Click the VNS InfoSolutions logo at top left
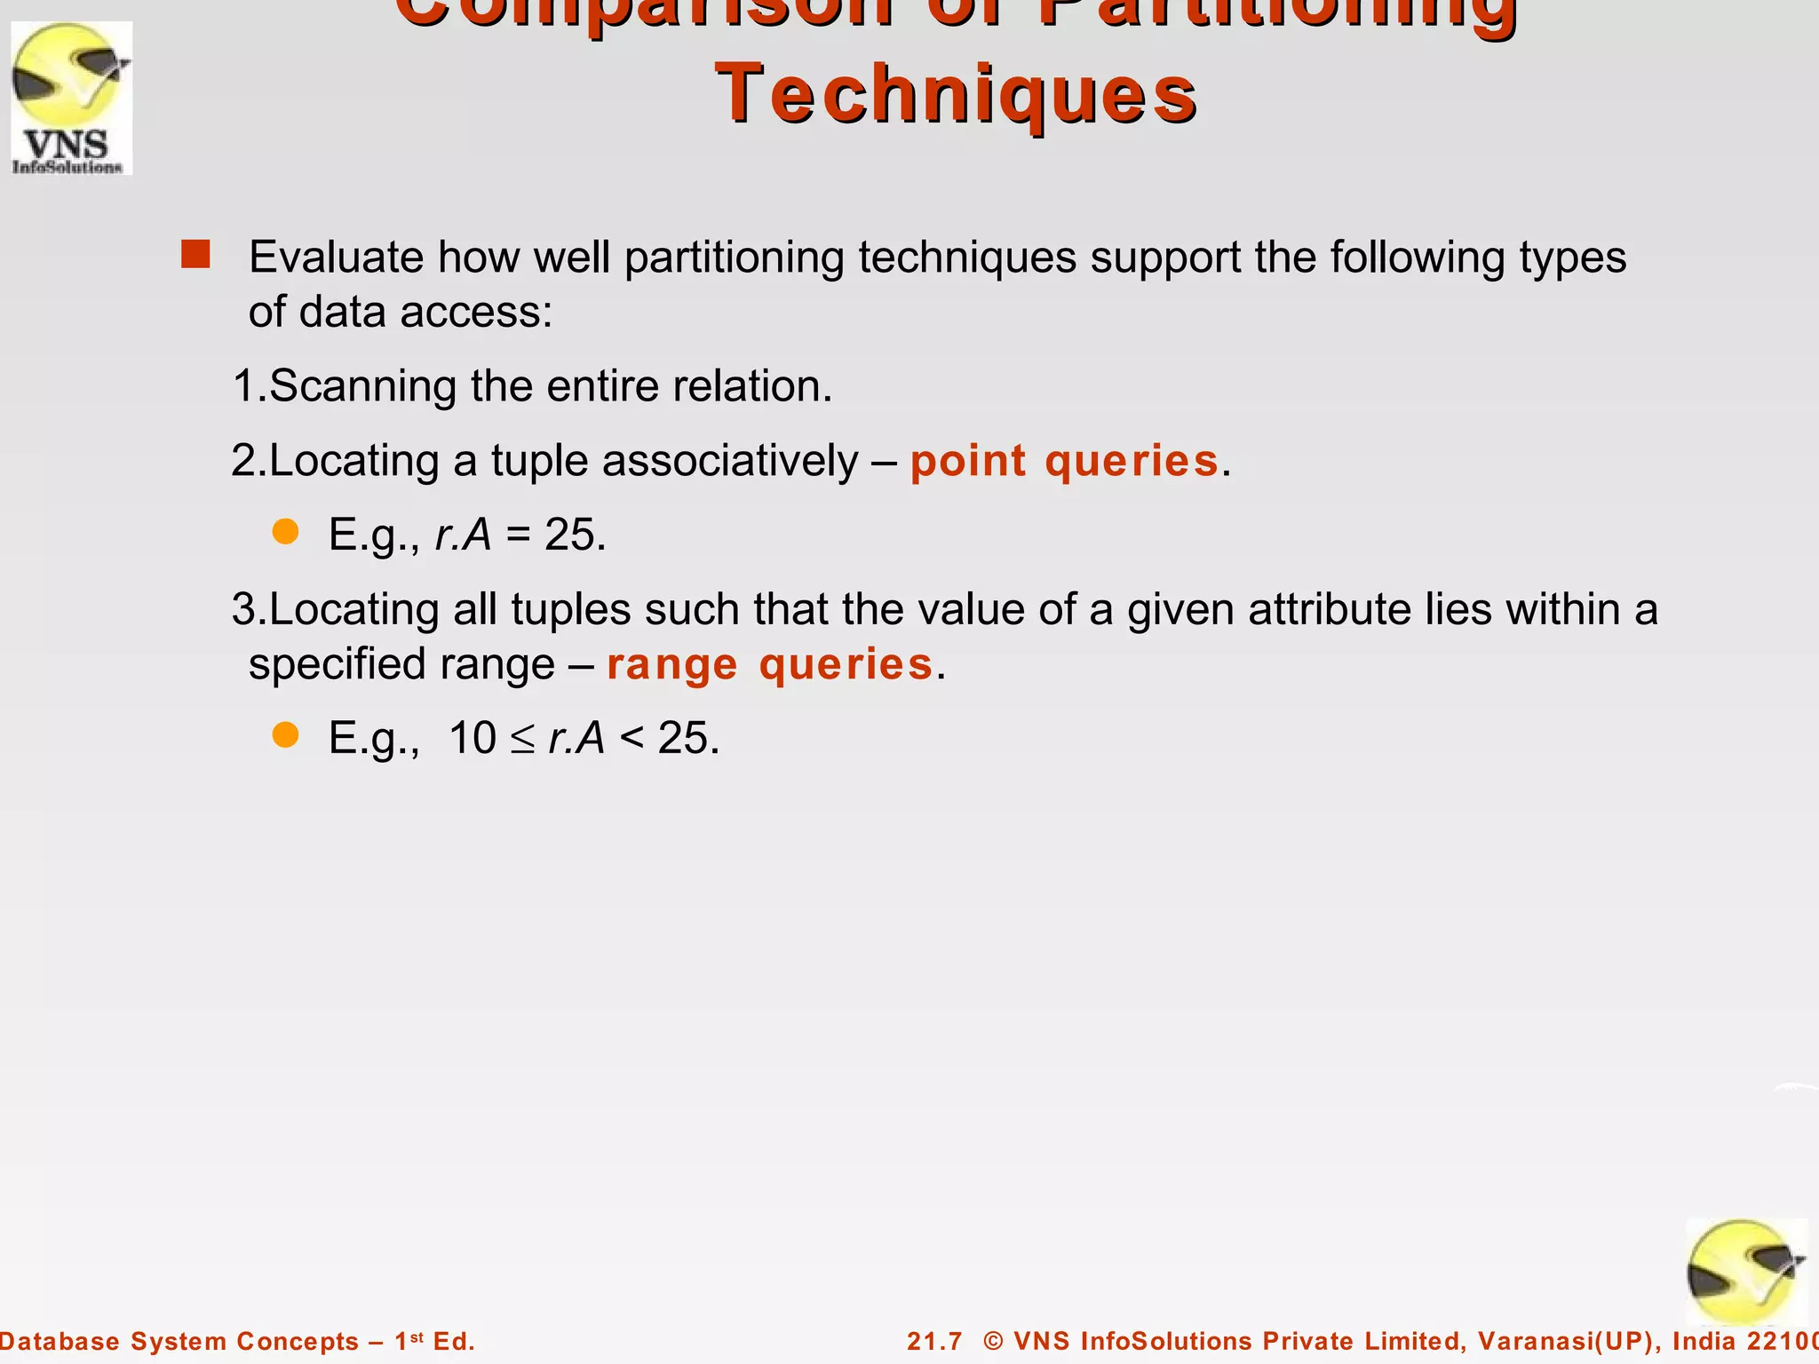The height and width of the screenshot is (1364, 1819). point(71,98)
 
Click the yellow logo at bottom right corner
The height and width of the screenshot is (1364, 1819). point(1744,1272)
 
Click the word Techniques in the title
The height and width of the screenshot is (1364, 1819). point(956,94)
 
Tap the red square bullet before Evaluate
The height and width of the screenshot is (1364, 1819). point(195,254)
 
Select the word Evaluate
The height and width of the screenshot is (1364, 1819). point(336,258)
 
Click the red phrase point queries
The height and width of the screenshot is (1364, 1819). point(1064,461)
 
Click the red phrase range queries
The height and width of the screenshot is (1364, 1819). point(769,664)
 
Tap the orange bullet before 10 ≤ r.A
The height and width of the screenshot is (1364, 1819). point(285,734)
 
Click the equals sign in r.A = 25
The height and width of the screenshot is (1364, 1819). point(518,535)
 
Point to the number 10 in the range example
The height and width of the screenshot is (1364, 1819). point(472,738)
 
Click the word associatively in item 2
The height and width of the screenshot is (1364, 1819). point(730,461)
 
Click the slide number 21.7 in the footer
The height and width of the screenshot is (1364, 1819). point(934,1341)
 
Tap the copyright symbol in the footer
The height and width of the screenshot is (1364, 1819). point(993,1341)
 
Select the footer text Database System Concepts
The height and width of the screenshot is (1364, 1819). point(178,1341)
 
